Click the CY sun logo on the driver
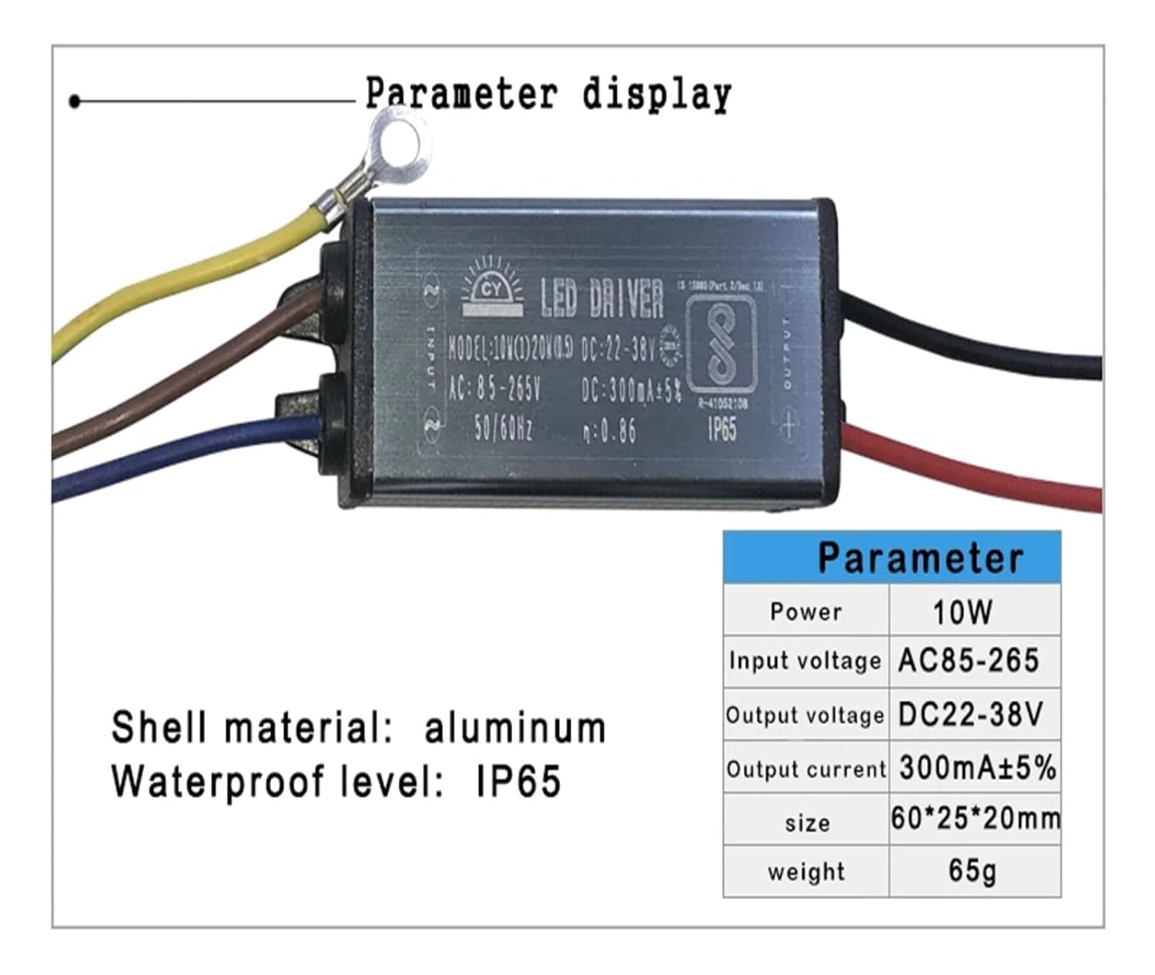pos(491,291)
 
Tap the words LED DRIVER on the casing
pos(601,299)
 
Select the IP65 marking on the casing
pos(722,429)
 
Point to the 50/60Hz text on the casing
pos(503,427)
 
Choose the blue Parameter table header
pos(892,557)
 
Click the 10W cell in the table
pos(962,612)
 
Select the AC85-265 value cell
pos(969,662)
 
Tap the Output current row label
pos(806,769)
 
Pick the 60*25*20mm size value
pos(975,819)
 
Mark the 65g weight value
pos(973,871)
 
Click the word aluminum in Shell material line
pos(514,729)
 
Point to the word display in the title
pos(656,95)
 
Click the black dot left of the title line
pos(75,101)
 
